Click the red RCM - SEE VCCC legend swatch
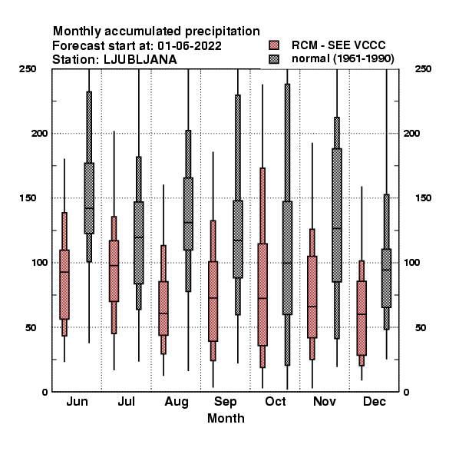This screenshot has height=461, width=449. pos(274,45)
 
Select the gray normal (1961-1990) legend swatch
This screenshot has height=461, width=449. pos(274,59)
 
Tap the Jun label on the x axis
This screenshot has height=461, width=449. pos(77,401)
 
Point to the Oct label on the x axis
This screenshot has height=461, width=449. pos(275,401)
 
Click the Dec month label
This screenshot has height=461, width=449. pos(375,401)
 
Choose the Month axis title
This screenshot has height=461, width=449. pos(226,418)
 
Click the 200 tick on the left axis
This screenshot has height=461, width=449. pos(39,133)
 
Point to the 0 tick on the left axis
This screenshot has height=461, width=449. pos(45,392)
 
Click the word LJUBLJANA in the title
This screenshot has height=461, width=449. pos(140,60)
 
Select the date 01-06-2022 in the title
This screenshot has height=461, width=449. pos(190,46)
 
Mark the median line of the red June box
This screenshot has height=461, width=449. pos(64,272)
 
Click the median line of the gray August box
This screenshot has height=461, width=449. pos(188,223)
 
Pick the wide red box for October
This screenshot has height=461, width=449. pos(262,294)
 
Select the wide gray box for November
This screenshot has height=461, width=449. pos(337,215)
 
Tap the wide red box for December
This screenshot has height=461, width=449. pos(362,318)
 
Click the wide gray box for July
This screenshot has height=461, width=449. pos(139,243)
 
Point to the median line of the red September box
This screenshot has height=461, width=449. pos(213,298)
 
